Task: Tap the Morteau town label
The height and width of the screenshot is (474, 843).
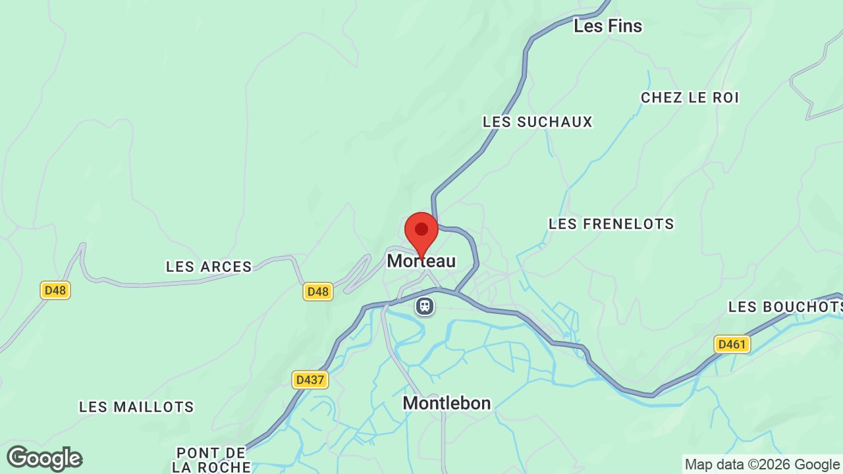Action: [x=421, y=261]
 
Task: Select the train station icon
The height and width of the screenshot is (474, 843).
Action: [x=425, y=306]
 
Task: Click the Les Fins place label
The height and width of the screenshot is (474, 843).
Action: [x=607, y=26]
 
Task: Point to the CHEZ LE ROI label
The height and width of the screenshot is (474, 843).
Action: [x=690, y=97]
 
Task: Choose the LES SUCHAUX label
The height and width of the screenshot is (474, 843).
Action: [x=537, y=122]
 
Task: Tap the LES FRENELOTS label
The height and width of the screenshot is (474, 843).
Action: [x=611, y=224]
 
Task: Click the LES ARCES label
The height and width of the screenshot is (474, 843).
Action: [x=209, y=267]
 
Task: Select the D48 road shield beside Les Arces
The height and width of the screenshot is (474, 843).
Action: [x=317, y=291]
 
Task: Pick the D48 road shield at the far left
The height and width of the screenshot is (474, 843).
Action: [x=55, y=290]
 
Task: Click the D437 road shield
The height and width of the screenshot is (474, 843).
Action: [x=310, y=380]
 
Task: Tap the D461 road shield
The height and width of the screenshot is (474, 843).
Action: [x=732, y=344]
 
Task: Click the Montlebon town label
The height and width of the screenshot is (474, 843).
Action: [x=447, y=403]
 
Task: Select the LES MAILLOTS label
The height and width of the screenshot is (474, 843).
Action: [x=136, y=407]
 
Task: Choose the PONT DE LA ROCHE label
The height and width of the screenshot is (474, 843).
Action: [x=211, y=460]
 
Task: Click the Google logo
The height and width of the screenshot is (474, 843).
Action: [x=44, y=458]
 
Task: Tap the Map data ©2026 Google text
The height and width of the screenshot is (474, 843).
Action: [x=762, y=464]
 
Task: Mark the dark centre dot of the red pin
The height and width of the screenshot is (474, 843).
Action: [x=421, y=229]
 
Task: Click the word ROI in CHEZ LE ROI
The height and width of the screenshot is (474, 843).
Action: [x=724, y=97]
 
